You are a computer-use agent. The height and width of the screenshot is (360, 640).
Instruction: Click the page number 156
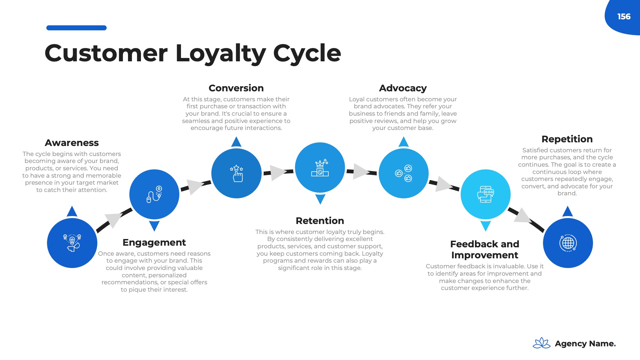coord(624,17)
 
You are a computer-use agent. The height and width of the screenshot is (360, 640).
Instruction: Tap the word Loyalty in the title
coord(220,53)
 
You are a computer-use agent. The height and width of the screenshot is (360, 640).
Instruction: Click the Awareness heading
coord(72,143)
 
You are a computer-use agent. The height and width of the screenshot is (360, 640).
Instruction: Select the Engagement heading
coord(154,242)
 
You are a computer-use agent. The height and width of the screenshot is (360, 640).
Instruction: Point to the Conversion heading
coord(236,88)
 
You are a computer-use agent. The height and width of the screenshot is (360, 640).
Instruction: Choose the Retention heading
coord(320,221)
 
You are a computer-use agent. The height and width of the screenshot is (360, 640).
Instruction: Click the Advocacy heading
coord(403,88)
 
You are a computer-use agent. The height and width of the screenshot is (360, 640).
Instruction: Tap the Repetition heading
coord(567,139)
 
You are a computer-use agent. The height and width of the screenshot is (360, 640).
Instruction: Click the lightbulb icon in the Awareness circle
coord(72,243)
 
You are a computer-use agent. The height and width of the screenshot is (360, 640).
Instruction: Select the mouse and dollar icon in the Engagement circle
coord(154,194)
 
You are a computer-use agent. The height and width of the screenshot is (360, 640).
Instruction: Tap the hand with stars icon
coord(237,173)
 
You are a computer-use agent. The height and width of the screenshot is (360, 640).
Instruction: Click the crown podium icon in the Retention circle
coord(320,168)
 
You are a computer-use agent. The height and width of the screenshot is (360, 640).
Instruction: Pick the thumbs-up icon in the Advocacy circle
coord(404,173)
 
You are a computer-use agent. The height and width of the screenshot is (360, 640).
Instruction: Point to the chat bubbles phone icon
coord(485,194)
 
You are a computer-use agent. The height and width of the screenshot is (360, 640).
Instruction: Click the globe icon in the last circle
coord(568,243)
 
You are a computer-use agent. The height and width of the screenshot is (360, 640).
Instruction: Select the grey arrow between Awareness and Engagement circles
coord(113,220)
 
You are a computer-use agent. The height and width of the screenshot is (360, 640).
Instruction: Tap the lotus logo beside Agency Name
coord(541,343)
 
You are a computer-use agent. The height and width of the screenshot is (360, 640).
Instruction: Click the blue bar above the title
coord(76,28)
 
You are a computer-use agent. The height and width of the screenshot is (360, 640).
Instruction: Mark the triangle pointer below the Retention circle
coord(320,199)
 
